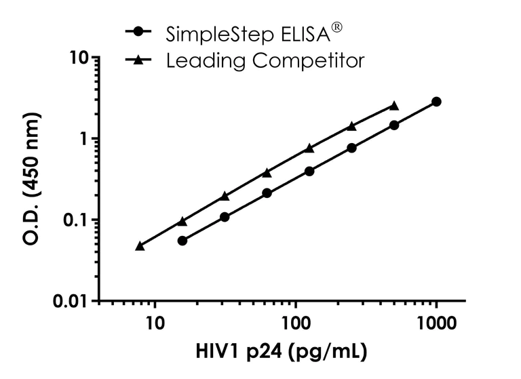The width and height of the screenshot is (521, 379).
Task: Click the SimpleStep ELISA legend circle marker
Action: (139, 32)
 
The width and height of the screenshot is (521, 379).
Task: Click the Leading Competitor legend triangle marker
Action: (139, 60)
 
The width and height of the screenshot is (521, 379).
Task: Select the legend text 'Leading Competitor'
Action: (265, 60)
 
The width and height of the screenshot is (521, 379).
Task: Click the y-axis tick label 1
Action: (84, 138)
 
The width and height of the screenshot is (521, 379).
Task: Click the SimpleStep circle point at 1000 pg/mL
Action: (436, 102)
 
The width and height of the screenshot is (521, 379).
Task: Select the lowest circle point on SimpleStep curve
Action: (182, 241)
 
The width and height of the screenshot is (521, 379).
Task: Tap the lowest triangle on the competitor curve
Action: (140, 246)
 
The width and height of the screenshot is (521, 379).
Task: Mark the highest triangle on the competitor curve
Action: (394, 106)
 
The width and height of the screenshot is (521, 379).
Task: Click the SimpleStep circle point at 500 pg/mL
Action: (394, 125)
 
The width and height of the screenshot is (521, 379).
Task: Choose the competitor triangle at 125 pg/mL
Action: (309, 148)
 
